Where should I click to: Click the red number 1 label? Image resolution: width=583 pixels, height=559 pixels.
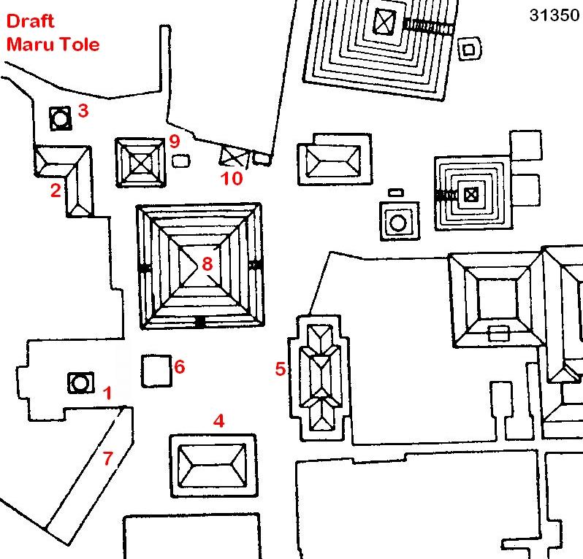tap(108, 394)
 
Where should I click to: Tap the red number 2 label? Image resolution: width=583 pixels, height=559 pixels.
tap(56, 191)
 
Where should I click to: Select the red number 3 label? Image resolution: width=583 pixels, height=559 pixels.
tap(83, 112)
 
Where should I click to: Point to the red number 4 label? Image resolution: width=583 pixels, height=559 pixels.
tap(218, 420)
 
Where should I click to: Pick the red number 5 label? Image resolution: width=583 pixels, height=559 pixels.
tap(280, 369)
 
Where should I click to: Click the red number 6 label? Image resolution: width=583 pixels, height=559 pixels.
tap(180, 366)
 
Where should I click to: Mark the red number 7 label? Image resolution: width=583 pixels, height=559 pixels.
tap(108, 459)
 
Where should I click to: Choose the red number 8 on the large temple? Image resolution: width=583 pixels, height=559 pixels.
tap(207, 263)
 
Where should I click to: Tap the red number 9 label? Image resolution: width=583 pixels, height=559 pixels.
tap(174, 140)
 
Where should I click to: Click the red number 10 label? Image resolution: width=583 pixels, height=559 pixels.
tap(232, 178)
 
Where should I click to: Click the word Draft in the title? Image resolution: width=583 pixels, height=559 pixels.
tap(31, 21)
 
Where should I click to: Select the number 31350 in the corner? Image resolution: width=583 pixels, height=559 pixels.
tap(554, 16)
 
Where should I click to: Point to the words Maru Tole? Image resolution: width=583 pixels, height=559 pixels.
tap(53, 44)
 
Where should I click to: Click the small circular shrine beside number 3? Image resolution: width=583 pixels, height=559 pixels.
tap(60, 117)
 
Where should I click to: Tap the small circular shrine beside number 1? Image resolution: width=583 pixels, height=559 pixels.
tap(80, 382)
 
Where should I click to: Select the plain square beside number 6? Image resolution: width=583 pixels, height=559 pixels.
tap(155, 370)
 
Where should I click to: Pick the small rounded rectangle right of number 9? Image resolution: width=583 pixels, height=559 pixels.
tap(179, 160)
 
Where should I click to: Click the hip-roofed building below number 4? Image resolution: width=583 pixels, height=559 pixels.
tap(213, 465)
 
